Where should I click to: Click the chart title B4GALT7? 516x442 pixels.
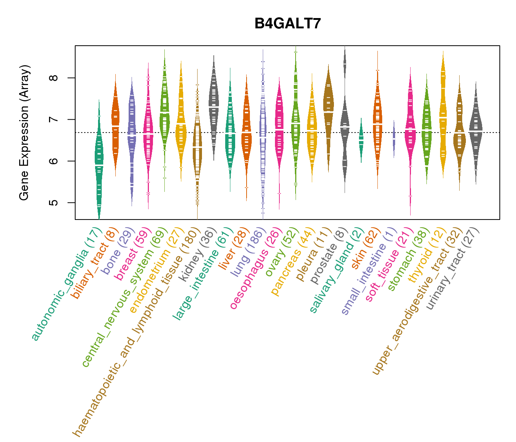coord(288,24)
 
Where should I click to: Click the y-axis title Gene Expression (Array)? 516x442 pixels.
coord(24,133)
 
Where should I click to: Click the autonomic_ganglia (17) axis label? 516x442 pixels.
coord(66,284)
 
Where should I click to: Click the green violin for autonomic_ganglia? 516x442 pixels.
coord(99,162)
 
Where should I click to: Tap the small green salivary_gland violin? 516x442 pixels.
coord(361,140)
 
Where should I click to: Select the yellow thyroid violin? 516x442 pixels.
coord(443,118)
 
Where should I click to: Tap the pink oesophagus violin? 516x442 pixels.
coord(279,129)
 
